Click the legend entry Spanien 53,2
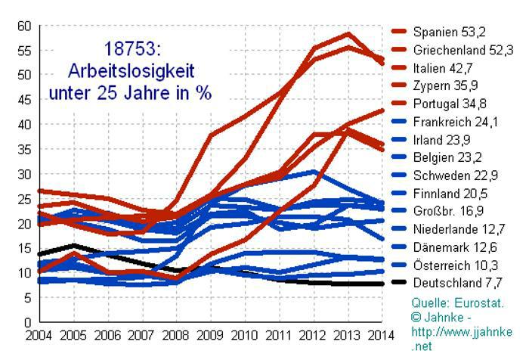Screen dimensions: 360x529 [x=449, y=32]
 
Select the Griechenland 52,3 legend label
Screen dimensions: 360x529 [x=462, y=50]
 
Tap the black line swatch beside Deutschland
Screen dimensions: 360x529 [x=400, y=284]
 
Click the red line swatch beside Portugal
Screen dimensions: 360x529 [x=400, y=104]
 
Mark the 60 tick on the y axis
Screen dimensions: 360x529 [x=24, y=26]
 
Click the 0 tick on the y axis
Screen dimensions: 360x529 [x=27, y=323]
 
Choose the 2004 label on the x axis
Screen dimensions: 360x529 [x=39, y=335]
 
